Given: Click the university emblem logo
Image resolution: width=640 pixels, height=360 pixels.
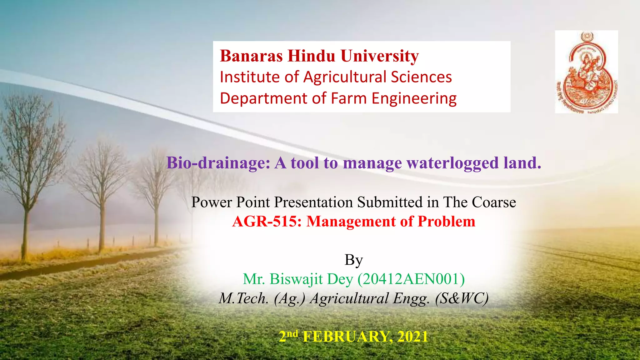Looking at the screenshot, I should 586,72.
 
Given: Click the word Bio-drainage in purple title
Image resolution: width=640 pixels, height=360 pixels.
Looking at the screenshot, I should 218,163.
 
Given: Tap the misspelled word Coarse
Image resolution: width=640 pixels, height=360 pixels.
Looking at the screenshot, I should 494,202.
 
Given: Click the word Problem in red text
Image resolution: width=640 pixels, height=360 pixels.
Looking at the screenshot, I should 446,222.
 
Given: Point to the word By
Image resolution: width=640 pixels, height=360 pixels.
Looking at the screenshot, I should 353,260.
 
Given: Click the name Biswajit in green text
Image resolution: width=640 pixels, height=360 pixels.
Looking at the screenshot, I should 296,279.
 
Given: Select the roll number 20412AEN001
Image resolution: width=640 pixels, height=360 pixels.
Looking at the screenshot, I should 411,279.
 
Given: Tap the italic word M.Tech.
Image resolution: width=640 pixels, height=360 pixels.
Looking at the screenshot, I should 243,298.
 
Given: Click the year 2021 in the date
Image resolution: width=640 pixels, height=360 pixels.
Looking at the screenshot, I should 412,337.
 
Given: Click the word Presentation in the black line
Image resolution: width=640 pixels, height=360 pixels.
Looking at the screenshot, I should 313,202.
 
